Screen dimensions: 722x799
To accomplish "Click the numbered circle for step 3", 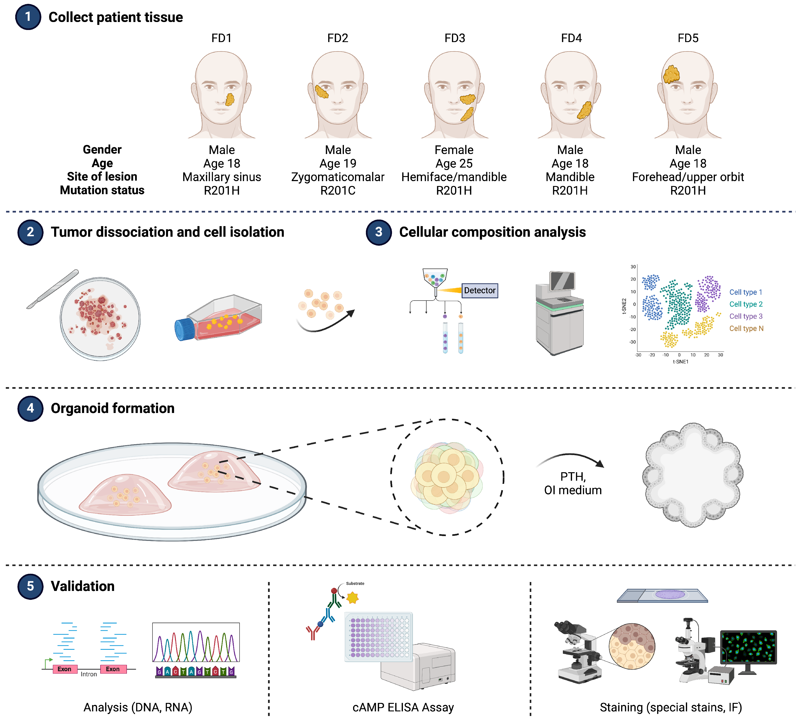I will (378, 232).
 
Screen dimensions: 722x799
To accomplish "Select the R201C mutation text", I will (338, 191).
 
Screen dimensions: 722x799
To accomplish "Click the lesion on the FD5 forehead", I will (671, 74).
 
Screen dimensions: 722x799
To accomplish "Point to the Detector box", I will (479, 291).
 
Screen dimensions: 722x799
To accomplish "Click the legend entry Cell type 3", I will (746, 317).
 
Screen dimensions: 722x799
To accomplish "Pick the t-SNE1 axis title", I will (681, 361).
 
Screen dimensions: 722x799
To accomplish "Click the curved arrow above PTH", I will (571, 460).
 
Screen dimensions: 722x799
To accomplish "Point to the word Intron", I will (89, 674).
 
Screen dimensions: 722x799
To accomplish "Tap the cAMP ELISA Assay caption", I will (403, 707).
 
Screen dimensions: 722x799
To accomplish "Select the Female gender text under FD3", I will (454, 150).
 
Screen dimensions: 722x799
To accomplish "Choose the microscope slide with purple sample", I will (662, 596).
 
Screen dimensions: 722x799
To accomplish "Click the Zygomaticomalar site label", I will (338, 177).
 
